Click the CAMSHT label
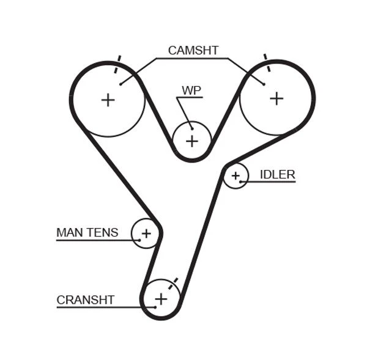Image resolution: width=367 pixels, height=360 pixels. point(193,51)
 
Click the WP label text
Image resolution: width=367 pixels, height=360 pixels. point(191,90)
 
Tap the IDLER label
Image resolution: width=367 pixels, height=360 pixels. point(277,175)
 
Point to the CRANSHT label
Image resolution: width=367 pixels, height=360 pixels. point(85,300)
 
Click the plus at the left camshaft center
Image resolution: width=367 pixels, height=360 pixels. point(108,100)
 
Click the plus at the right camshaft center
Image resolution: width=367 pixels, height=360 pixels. point(276,98)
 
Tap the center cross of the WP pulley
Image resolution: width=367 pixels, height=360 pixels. point(192,141)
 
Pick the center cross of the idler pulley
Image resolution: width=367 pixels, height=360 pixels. point(235,176)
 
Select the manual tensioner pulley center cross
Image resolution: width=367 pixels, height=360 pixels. point(146,233)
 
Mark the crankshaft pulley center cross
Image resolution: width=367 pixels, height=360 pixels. point(161,299)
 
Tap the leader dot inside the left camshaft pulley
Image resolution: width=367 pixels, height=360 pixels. point(121,84)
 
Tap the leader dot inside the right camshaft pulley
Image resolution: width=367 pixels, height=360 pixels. point(264,84)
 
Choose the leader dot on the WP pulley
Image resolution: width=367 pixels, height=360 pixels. point(192,128)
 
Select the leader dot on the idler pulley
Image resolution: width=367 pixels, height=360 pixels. point(241,182)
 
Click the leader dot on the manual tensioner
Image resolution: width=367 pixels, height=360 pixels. point(140,240)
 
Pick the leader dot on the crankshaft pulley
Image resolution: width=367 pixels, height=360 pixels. point(155,306)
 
